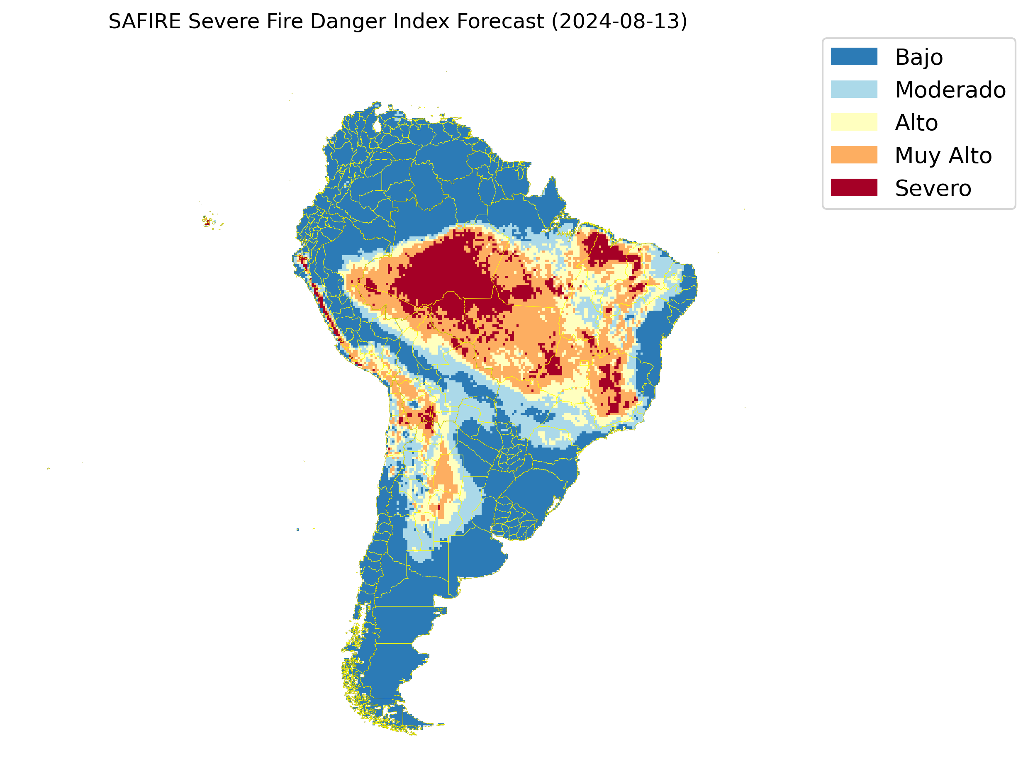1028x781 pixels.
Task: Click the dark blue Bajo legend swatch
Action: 854,57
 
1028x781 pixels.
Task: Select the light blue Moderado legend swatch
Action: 854,89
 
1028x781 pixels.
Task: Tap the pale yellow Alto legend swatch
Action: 854,122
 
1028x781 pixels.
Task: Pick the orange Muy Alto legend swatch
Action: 854,155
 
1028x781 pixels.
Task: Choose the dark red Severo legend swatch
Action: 854,188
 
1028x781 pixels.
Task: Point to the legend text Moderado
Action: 950,90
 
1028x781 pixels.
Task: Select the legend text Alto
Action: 916,123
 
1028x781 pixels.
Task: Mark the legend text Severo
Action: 933,188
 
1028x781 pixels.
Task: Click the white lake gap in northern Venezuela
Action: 377,126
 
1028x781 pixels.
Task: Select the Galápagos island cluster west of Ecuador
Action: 209,221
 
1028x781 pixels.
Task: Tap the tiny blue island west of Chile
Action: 297,530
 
